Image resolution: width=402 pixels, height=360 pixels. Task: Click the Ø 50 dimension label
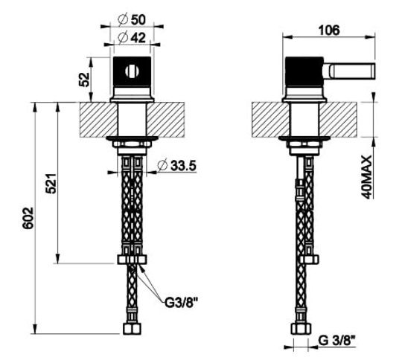click(x=132, y=20)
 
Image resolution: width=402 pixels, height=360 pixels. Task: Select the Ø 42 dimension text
click(x=132, y=38)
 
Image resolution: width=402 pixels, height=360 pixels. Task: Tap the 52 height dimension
click(x=84, y=80)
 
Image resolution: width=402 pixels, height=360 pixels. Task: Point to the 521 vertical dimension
click(x=51, y=184)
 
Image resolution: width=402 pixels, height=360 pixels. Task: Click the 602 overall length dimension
click(x=28, y=218)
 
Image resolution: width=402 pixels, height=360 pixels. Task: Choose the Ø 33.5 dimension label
click(x=177, y=166)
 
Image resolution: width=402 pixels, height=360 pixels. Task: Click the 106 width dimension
click(x=329, y=30)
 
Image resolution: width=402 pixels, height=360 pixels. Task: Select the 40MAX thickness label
click(x=366, y=177)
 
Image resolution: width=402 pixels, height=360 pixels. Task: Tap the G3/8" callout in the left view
click(x=182, y=303)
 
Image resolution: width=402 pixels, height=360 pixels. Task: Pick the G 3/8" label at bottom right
click(x=337, y=341)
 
